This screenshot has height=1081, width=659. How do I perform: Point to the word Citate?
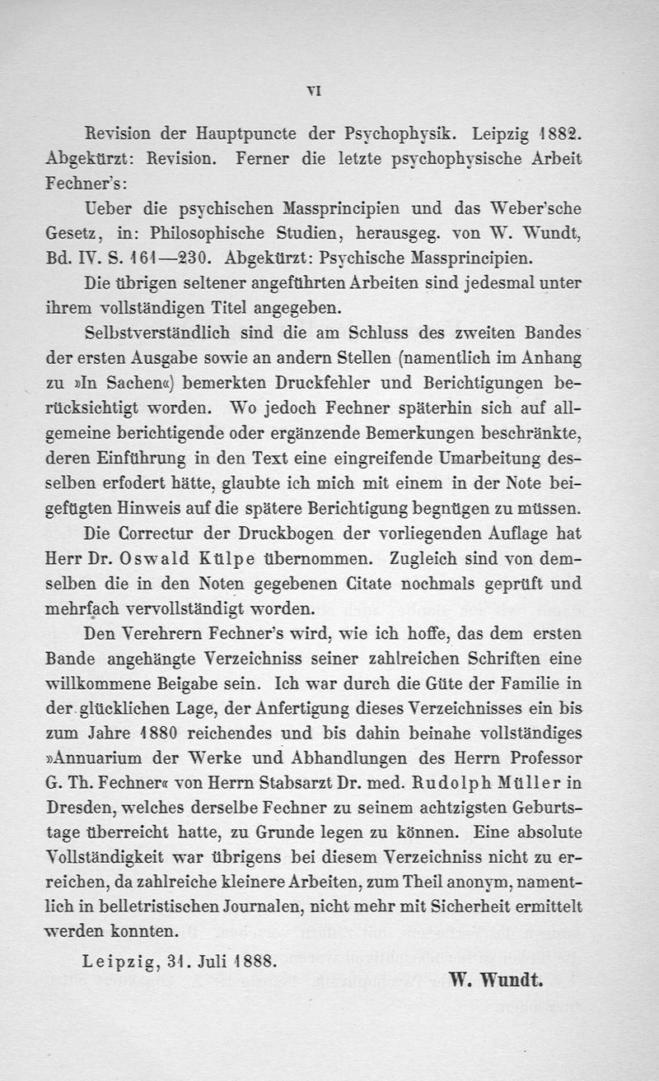tap(394, 585)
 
